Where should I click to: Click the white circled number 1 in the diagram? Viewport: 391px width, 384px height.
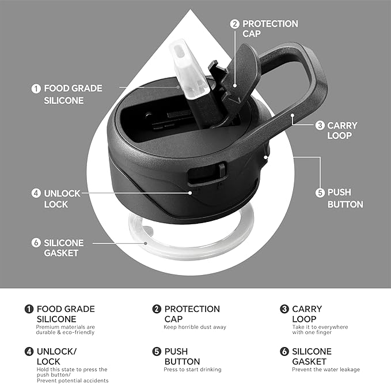tap(36, 89)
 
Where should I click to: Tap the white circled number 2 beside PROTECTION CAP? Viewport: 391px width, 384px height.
tap(234, 24)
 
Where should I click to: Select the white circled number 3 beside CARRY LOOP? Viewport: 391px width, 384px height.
tap(320, 125)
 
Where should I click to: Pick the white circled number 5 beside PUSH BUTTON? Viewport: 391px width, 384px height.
tap(320, 193)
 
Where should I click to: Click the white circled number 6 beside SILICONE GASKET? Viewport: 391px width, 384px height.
tap(36, 243)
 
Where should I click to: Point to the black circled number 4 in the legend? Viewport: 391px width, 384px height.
tap(29, 352)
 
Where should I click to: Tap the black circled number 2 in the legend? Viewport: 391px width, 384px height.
tap(157, 309)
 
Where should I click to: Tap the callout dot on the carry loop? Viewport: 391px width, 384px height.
tap(293, 115)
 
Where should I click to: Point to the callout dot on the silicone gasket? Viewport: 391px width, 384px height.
tap(145, 243)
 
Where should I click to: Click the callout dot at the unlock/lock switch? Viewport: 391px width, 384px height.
tap(190, 193)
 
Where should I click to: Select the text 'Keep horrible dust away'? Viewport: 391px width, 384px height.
tap(195, 327)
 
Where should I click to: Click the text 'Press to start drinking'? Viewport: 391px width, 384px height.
tap(192, 370)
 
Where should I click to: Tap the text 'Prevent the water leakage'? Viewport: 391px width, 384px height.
tap(326, 370)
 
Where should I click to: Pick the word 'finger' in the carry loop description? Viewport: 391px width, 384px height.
tap(323, 333)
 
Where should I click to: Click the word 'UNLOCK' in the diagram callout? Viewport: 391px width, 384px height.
tap(62, 194)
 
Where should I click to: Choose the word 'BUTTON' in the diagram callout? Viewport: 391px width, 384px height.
tap(346, 205)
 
